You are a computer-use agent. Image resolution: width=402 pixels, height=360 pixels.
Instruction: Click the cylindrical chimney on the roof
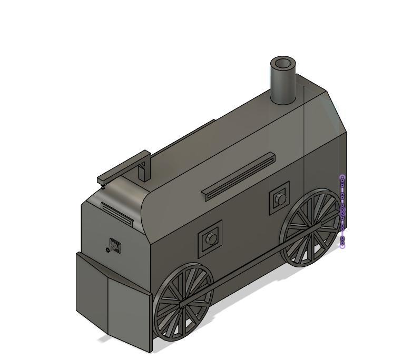pyautogui.click(x=283, y=87)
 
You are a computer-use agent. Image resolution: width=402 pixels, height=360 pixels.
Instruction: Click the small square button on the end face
pyautogui.click(x=115, y=245)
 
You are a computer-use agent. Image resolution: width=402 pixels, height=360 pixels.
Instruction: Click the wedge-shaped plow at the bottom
pyautogui.click(x=111, y=300)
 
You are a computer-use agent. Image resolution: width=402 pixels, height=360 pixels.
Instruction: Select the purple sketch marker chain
pyautogui.click(x=342, y=211)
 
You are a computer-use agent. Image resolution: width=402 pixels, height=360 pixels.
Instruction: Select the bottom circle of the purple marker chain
pyautogui.click(x=342, y=245)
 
